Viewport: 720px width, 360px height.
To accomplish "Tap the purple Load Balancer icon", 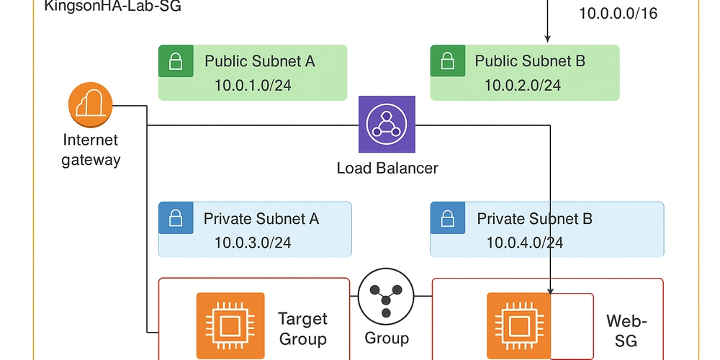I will [387, 125].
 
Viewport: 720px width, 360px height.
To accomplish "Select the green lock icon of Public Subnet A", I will [176, 61].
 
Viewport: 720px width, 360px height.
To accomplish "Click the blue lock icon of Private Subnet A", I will [176, 218].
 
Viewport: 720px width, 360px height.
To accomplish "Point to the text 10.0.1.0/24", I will [253, 85].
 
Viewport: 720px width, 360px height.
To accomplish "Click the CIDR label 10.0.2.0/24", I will [522, 85].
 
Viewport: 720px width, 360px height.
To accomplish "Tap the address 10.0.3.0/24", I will [253, 242].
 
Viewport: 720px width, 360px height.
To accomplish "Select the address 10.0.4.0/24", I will [525, 242].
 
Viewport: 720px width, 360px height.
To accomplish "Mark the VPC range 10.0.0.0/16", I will [618, 14].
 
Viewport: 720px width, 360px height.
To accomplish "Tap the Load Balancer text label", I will [387, 168].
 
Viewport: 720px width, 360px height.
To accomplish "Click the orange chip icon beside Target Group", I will [230, 326].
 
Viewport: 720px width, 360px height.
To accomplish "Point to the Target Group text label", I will [302, 328].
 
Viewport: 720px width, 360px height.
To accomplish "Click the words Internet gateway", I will [91, 150].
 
